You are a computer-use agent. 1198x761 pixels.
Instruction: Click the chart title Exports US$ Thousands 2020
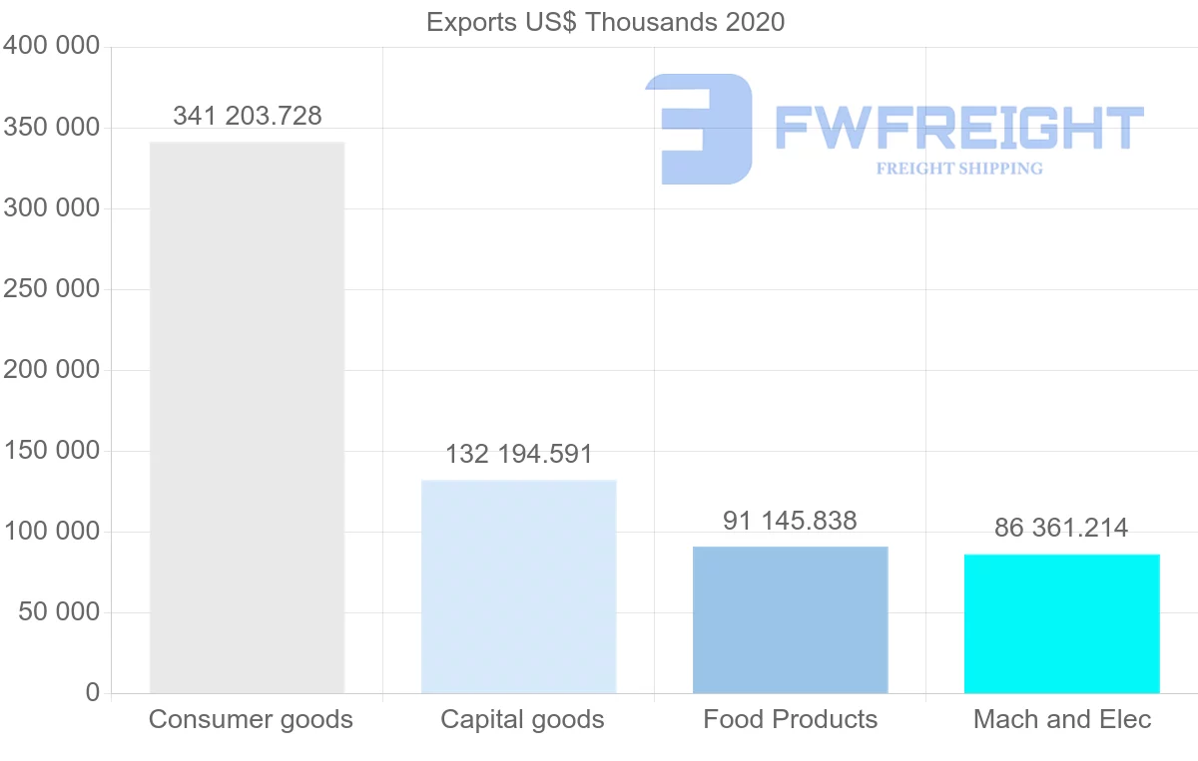(605, 22)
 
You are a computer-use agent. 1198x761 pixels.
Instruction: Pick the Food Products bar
(790, 619)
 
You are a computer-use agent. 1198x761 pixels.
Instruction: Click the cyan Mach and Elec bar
(1061, 623)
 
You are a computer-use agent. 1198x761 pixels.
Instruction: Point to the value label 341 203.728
(248, 116)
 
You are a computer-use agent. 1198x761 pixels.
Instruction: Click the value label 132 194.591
(519, 455)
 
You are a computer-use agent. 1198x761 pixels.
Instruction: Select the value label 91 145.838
(790, 521)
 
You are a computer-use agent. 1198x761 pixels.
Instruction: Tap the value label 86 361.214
(1061, 528)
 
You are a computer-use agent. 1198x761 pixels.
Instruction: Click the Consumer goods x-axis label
(251, 719)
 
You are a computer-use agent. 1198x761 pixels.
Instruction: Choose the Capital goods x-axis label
(522, 719)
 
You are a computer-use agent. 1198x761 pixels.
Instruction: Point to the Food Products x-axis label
(790, 719)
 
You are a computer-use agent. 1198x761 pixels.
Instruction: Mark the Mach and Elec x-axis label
(1062, 719)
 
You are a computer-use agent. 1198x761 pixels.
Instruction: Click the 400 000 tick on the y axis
(51, 46)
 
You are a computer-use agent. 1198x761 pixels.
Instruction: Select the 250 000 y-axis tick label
(51, 289)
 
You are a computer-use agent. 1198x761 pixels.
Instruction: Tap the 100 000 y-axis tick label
(51, 532)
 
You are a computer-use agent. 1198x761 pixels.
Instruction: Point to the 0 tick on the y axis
(92, 692)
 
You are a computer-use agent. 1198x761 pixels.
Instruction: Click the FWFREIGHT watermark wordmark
(958, 128)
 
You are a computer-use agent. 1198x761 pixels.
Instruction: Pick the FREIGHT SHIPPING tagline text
(959, 169)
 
